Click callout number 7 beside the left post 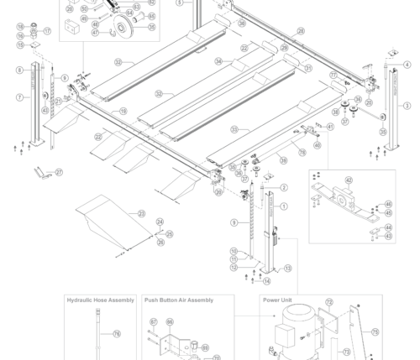pos(19,97)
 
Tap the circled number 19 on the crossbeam pos(122,111)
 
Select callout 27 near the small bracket pos(59,172)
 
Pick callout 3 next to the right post pos(407,106)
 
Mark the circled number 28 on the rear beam pos(300,30)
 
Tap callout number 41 pos(330,127)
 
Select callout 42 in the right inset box pos(349,180)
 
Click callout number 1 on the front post pos(284,206)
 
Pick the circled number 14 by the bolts pos(267,280)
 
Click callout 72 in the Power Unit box pos(328,301)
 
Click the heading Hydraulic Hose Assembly pos(100,300)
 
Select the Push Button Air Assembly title pos(178,300)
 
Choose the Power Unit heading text pos(278,300)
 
